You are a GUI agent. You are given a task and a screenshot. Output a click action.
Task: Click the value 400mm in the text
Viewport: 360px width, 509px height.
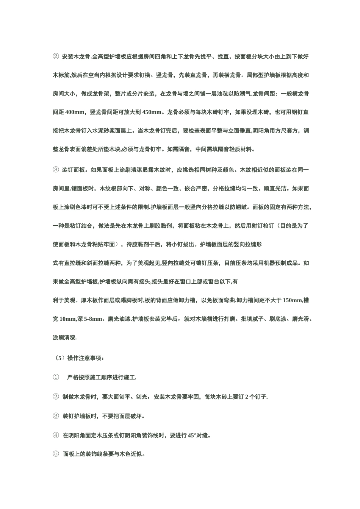[x=75, y=112]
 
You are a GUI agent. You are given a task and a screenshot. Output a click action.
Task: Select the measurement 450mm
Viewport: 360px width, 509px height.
[x=152, y=112]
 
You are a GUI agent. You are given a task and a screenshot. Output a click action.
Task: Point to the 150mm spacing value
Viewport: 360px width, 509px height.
[x=292, y=300]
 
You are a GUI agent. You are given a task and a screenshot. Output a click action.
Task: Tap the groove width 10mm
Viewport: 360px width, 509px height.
[x=68, y=319]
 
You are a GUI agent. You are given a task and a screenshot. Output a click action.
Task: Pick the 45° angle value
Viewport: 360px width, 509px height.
[x=191, y=435]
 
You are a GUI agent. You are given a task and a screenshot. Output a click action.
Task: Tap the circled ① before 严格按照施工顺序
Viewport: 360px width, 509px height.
[x=56, y=377]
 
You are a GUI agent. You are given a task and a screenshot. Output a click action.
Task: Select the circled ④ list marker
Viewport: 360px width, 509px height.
[x=56, y=435]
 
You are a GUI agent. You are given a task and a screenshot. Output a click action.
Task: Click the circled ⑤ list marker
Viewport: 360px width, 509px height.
[x=56, y=454]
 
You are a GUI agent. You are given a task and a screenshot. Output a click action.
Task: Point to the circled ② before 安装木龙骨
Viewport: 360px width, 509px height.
[x=56, y=57]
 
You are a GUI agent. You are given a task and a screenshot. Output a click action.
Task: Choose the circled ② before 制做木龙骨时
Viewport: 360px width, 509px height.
[x=56, y=397]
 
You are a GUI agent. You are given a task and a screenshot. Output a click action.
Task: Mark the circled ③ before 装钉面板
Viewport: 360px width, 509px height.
[x=56, y=170]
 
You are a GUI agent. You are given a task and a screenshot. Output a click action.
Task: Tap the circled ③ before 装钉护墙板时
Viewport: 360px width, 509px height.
[x=56, y=416]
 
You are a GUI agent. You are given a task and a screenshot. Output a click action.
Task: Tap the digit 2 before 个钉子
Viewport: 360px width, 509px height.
[x=247, y=397]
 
